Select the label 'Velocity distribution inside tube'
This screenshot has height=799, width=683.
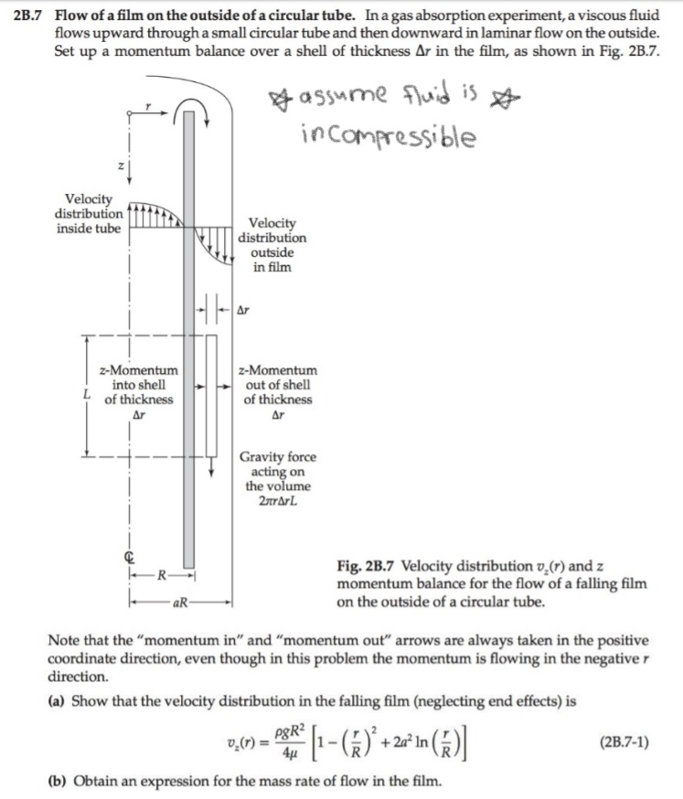(90, 214)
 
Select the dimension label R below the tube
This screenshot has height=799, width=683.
(161, 577)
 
